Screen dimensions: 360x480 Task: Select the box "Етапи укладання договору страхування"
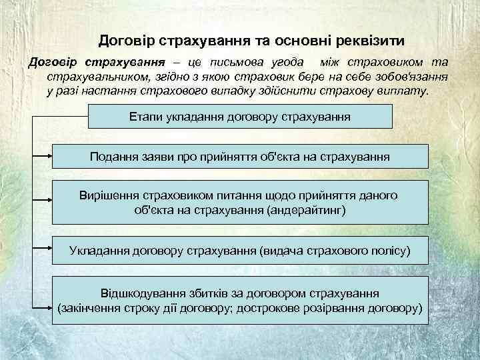pyautogui.click(x=240, y=117)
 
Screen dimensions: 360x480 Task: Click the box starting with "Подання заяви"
pyautogui.click(x=240, y=157)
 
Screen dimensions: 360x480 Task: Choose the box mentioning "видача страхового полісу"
pyautogui.click(x=240, y=251)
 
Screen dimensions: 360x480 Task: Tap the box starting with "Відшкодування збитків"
pyautogui.click(x=240, y=301)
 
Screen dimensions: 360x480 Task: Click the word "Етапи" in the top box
pyautogui.click(x=145, y=117)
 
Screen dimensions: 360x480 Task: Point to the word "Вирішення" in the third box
pyautogui.click(x=108, y=195)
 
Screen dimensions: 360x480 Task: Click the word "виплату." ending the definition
pyautogui.click(x=408, y=91)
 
